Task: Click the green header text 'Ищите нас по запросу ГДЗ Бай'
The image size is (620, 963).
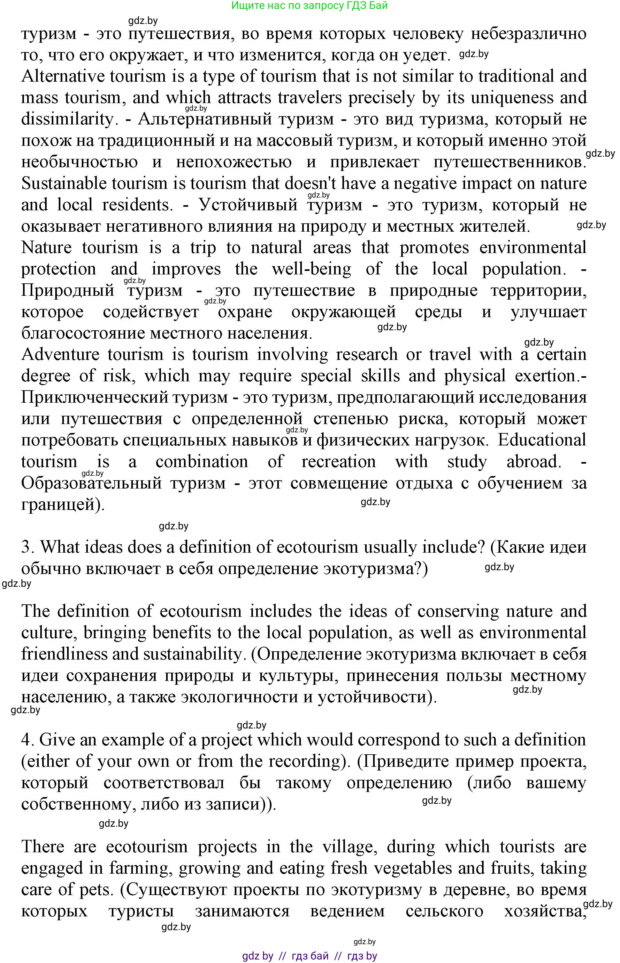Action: click(x=309, y=6)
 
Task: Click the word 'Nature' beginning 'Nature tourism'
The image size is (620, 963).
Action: click(x=46, y=248)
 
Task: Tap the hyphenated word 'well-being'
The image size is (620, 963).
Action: click(x=311, y=269)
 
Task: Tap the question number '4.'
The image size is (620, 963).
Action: click(x=28, y=740)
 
